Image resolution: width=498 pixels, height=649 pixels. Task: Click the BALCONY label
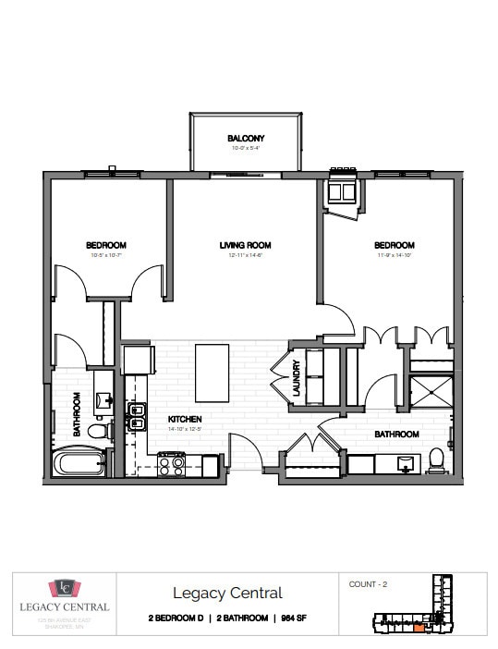coord(246,139)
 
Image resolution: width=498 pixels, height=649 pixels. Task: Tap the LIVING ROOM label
coord(245,245)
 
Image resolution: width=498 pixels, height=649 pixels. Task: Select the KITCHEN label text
coord(184,419)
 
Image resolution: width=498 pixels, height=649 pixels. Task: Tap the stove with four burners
coord(171,463)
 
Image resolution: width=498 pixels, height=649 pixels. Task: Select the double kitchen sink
coord(137,417)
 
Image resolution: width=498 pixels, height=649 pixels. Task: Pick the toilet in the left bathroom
coord(99,429)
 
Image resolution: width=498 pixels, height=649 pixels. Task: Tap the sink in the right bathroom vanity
coord(403,460)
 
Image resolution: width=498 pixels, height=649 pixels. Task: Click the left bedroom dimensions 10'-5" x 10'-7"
coord(105,255)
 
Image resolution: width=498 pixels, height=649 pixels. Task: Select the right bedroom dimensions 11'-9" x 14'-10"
coord(394,255)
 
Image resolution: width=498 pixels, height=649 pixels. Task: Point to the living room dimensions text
coord(245,255)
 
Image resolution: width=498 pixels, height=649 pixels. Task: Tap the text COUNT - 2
coord(369,584)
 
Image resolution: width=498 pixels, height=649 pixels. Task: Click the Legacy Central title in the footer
coord(227,593)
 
